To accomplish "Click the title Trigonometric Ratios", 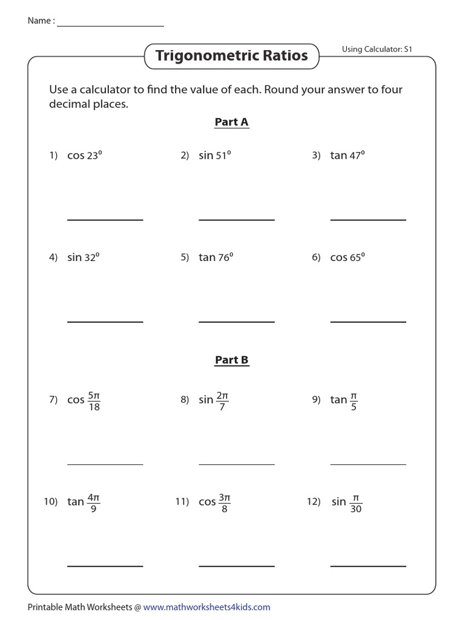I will [231, 56].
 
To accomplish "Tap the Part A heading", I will [231, 122].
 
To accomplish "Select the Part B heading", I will [231, 360].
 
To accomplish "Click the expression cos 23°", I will [84, 156].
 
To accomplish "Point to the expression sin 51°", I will [215, 156].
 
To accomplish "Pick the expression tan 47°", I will [347, 156].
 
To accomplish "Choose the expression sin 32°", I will [83, 257].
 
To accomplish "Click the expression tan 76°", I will [216, 257].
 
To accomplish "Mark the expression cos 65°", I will [347, 257].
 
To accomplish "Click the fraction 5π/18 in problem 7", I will [94, 401].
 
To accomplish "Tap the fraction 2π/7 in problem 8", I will [223, 401].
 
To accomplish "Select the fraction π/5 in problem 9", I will [354, 401].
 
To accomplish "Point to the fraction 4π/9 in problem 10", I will [93, 503].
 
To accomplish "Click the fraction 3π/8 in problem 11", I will [225, 503].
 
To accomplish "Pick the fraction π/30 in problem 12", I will [355, 503].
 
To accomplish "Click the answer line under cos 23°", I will [105, 220].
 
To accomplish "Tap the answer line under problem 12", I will [368, 566].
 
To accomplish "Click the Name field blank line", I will [110, 26].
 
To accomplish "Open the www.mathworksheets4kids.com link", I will [206, 607].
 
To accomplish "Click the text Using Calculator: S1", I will [377, 49].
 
